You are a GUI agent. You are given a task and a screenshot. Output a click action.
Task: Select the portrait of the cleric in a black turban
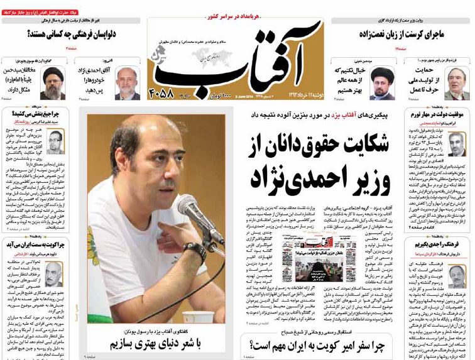(53, 83)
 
